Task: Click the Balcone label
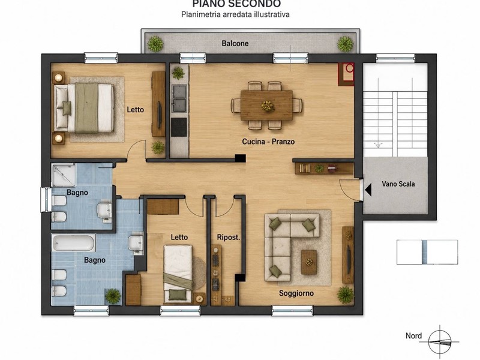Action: [x=235, y=43]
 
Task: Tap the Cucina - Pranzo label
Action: [x=268, y=142]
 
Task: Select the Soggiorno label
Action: [x=296, y=293]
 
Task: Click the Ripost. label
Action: [x=229, y=237]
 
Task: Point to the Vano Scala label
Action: [x=398, y=184]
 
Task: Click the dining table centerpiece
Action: [x=268, y=106]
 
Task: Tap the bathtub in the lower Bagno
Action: [x=73, y=243]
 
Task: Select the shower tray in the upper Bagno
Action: [x=64, y=175]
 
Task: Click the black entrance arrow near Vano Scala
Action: [x=368, y=190]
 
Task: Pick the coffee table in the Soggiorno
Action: [x=309, y=262]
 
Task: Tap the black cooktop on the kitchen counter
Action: [x=179, y=127]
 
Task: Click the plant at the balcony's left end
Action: [x=155, y=44]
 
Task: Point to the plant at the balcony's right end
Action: [x=346, y=44]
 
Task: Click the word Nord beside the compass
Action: [x=413, y=336]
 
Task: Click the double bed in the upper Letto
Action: [x=84, y=108]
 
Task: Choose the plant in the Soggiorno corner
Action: [x=346, y=295]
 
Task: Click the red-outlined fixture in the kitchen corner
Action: [x=346, y=74]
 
